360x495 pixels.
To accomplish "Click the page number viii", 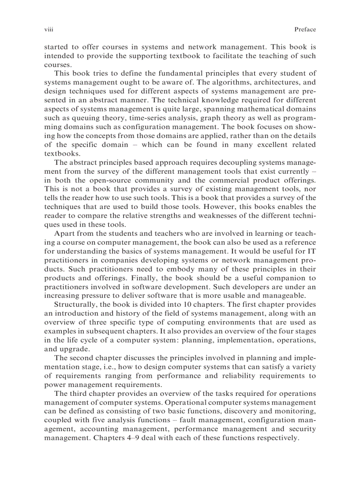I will click(49, 30).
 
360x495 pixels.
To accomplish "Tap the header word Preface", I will click(305, 30).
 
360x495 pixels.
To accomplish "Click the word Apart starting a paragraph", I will click(64, 234).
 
